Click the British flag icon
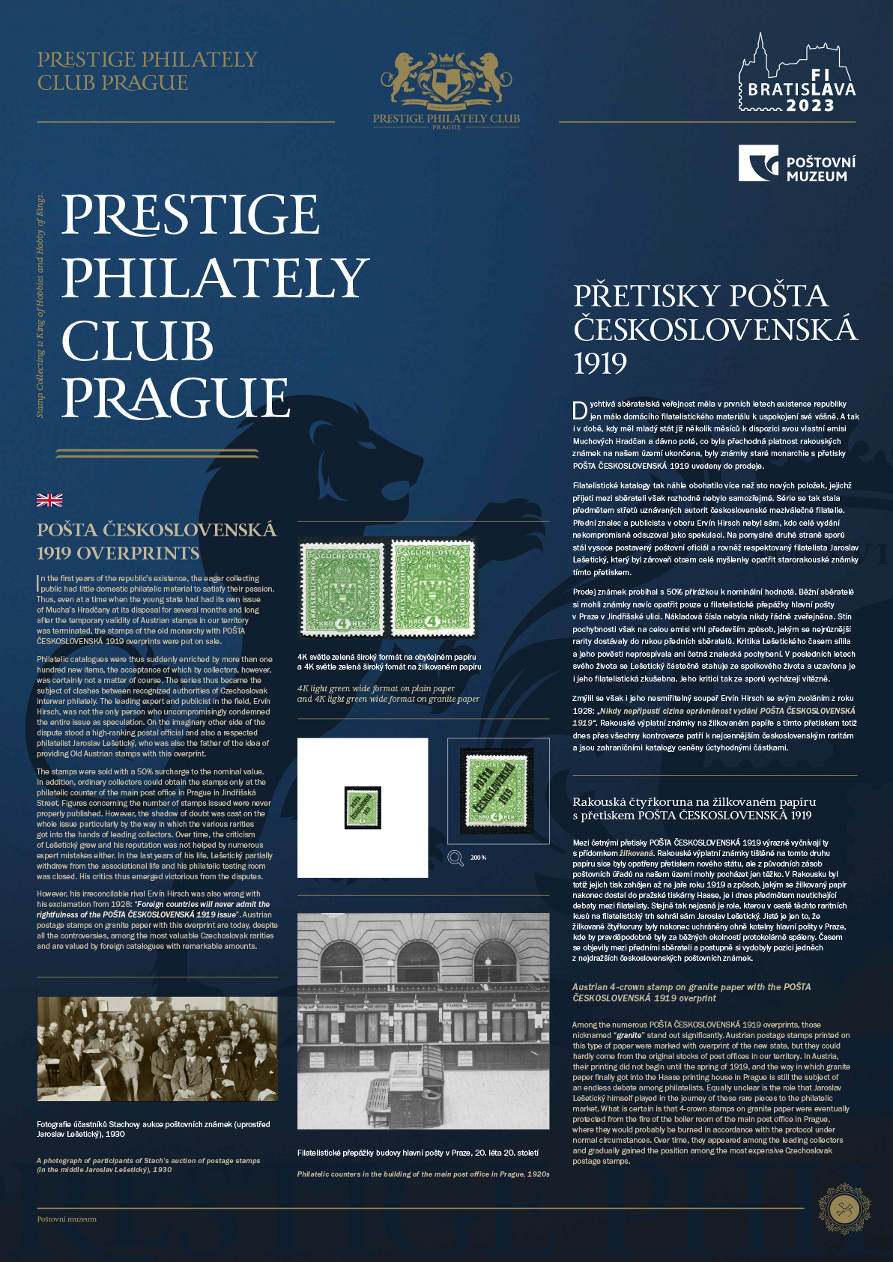[49, 500]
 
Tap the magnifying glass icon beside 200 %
[455, 858]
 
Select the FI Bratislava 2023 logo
[796, 76]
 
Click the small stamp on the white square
[363, 807]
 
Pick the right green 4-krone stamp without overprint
[432, 589]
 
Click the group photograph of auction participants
[157, 1049]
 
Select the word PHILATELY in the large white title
[215, 278]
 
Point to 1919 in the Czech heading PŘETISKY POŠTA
[600, 364]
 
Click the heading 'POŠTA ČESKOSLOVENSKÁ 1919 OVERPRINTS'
[157, 541]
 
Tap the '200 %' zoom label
[478, 858]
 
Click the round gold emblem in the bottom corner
[844, 1210]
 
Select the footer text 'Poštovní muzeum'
[67, 1219]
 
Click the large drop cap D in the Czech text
[580, 410]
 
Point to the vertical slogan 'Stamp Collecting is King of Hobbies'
[40, 305]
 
